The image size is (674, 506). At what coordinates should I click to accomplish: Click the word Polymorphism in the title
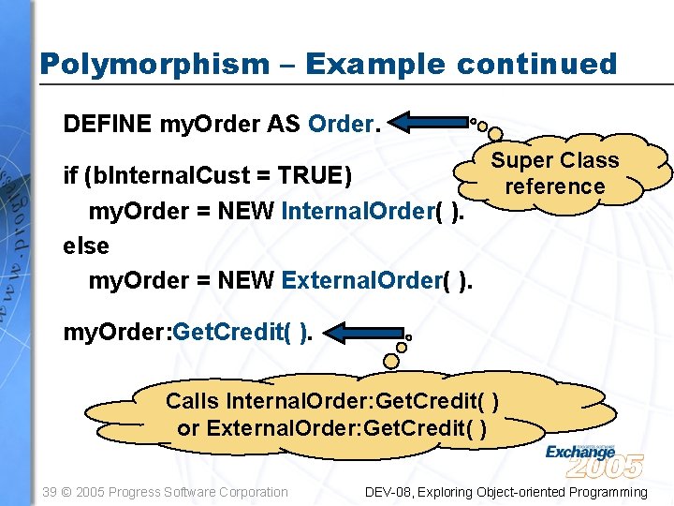pos(154,64)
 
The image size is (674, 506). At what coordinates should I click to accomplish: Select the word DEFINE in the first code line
pos(108,124)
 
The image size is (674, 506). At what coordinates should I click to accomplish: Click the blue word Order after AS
pos(341,124)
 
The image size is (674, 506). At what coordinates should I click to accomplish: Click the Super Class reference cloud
pos(555,173)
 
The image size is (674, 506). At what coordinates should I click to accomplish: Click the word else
pos(86,246)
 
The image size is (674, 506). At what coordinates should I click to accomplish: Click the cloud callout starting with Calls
pos(332,414)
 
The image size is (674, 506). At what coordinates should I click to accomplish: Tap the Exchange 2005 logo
pos(594,459)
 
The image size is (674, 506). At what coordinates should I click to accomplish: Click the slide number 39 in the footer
pos(51,492)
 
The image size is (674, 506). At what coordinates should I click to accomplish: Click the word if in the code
pos(69,176)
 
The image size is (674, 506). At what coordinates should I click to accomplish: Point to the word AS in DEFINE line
pos(283,124)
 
